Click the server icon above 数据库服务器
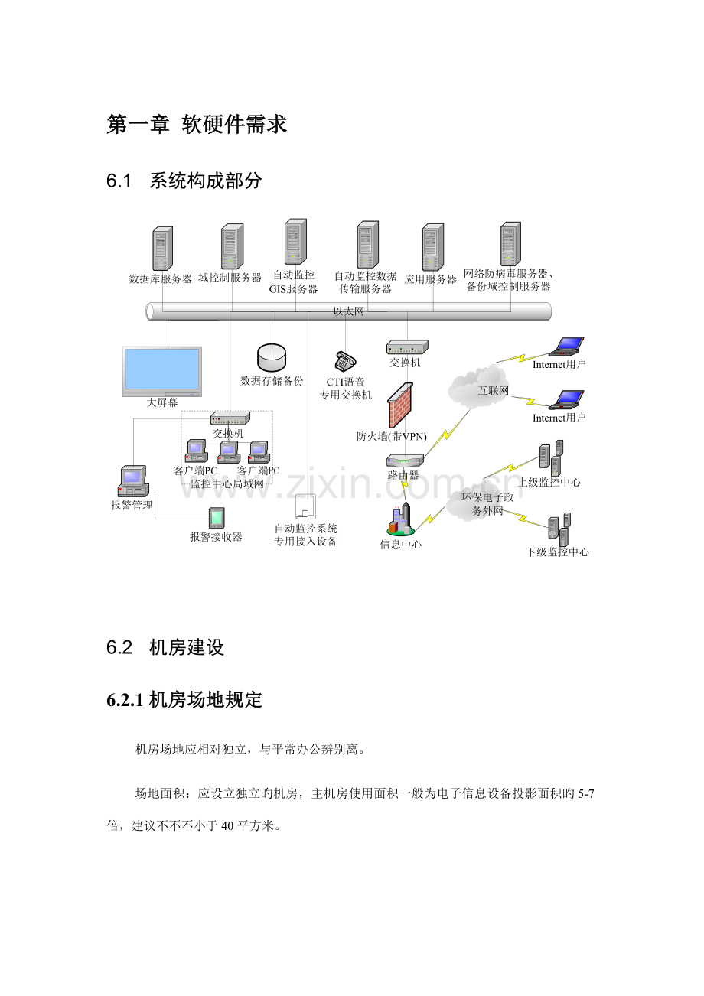tap(162, 248)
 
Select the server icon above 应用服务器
tap(432, 247)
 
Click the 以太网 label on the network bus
tap(349, 311)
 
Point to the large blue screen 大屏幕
tap(162, 371)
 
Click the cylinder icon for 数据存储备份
tap(272, 357)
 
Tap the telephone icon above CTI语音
tap(345, 361)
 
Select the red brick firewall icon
tap(400, 405)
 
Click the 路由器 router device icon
tap(405, 461)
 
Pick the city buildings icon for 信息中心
tap(401, 519)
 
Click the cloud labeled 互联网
tap(478, 386)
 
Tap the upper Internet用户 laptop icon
tap(566, 347)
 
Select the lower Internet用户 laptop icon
tap(566, 400)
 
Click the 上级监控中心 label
tap(549, 482)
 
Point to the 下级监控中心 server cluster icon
tap(559, 529)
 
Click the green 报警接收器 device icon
tap(217, 518)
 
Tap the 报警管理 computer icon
tap(133, 480)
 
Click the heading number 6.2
tap(119, 647)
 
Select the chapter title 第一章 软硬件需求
tap(197, 124)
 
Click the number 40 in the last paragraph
tap(227, 826)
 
